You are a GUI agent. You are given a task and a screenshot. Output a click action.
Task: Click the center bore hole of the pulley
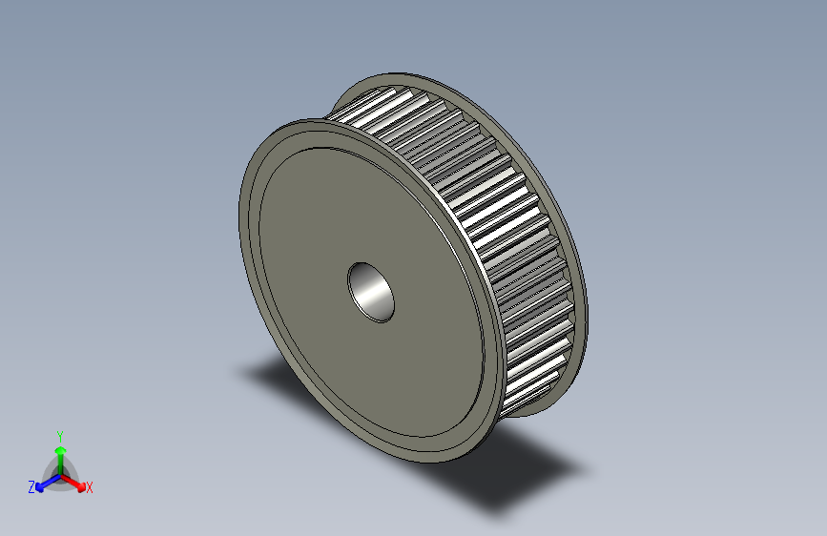coord(371,292)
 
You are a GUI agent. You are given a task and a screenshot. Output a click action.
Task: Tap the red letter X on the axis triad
coord(89,487)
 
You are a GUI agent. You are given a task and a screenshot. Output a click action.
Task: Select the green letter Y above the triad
coord(59,435)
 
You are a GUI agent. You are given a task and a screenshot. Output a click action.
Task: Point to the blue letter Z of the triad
coord(31,487)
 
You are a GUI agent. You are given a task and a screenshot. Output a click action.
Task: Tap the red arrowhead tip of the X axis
coord(83,484)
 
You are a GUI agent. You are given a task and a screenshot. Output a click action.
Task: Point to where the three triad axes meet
coord(60,474)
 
